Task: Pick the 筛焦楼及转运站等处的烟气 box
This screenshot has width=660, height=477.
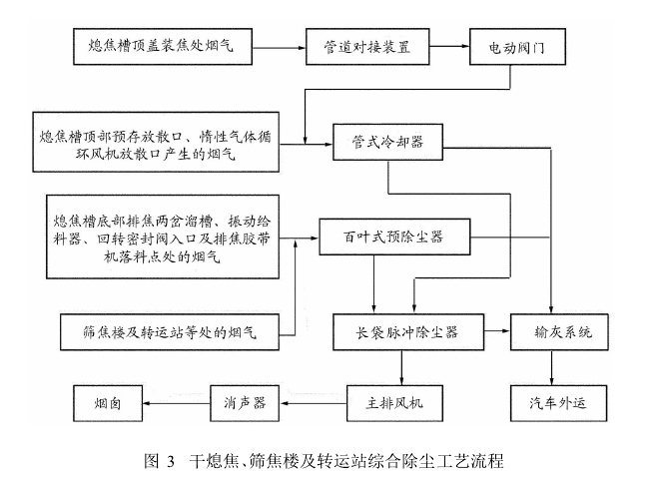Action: coord(170,332)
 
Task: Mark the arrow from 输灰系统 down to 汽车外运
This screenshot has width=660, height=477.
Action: coord(553,367)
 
